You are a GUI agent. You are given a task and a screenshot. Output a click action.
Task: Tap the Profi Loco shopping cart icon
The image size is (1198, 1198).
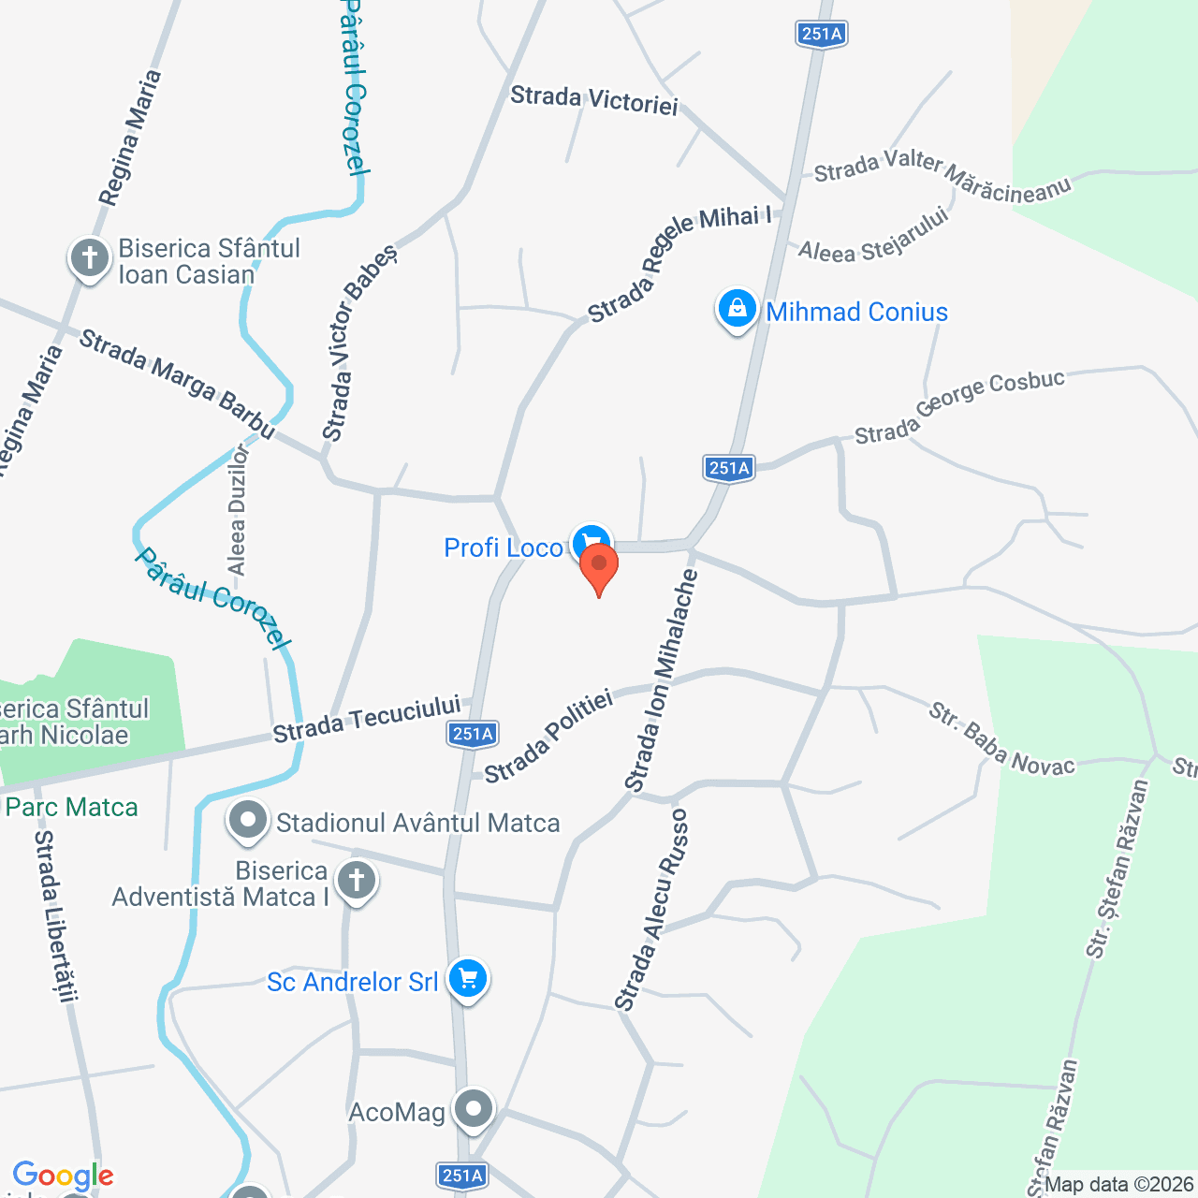click(591, 541)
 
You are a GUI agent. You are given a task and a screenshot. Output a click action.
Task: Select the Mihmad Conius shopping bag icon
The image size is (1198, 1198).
click(737, 308)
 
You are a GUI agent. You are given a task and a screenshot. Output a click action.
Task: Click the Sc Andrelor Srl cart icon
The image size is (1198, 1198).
click(468, 979)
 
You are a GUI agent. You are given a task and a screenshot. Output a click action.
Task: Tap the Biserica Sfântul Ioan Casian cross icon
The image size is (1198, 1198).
click(90, 256)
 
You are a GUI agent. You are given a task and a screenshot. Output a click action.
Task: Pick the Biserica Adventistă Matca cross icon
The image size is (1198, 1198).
click(356, 881)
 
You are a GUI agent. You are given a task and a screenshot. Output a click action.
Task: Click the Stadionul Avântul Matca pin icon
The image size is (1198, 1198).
click(248, 821)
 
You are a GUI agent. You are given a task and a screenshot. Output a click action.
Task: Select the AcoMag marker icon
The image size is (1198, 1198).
click(474, 1110)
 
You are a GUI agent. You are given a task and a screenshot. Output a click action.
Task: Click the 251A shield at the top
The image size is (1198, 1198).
click(822, 34)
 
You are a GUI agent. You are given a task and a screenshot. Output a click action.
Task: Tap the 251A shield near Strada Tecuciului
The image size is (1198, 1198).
click(473, 734)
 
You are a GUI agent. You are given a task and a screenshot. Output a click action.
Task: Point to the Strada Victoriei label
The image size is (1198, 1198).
click(594, 100)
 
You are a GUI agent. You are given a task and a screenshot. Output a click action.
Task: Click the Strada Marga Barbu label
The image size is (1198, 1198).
click(178, 384)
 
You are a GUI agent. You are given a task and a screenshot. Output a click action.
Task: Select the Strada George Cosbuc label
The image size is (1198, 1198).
click(959, 407)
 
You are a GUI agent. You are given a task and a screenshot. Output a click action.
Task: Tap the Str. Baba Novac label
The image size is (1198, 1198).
click(1001, 739)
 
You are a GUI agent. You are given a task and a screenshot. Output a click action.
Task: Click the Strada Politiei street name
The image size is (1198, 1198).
click(548, 736)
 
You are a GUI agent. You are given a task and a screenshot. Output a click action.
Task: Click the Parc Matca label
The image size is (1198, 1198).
click(72, 807)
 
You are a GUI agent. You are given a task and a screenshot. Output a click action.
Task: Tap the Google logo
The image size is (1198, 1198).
click(63, 1176)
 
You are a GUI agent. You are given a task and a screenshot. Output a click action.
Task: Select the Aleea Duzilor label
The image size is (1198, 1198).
click(238, 510)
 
